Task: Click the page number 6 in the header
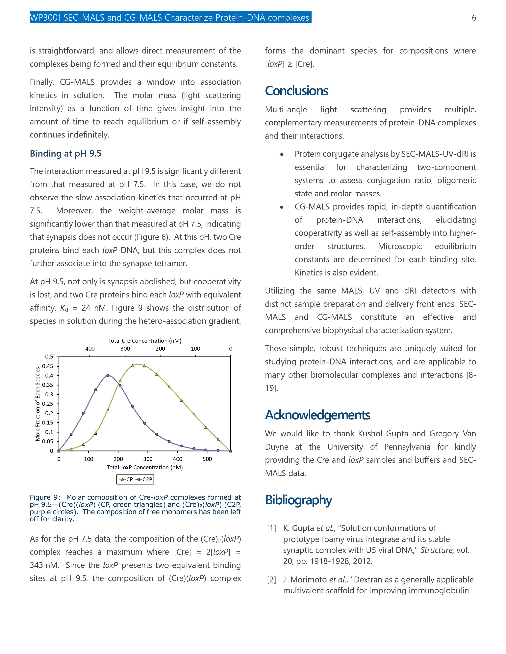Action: click(x=474, y=18)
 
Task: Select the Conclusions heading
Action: click(x=296, y=91)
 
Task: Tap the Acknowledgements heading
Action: click(x=317, y=415)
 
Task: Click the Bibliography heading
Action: click(x=298, y=500)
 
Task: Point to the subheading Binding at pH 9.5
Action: click(x=65, y=154)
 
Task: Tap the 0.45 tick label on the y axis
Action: click(x=47, y=366)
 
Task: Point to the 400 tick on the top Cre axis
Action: click(x=90, y=349)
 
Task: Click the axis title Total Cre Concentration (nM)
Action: click(x=144, y=341)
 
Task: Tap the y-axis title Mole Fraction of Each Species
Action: click(x=38, y=404)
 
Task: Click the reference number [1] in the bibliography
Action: click(x=271, y=528)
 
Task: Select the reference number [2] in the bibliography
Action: click(x=271, y=580)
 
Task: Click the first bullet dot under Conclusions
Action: click(x=282, y=155)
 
